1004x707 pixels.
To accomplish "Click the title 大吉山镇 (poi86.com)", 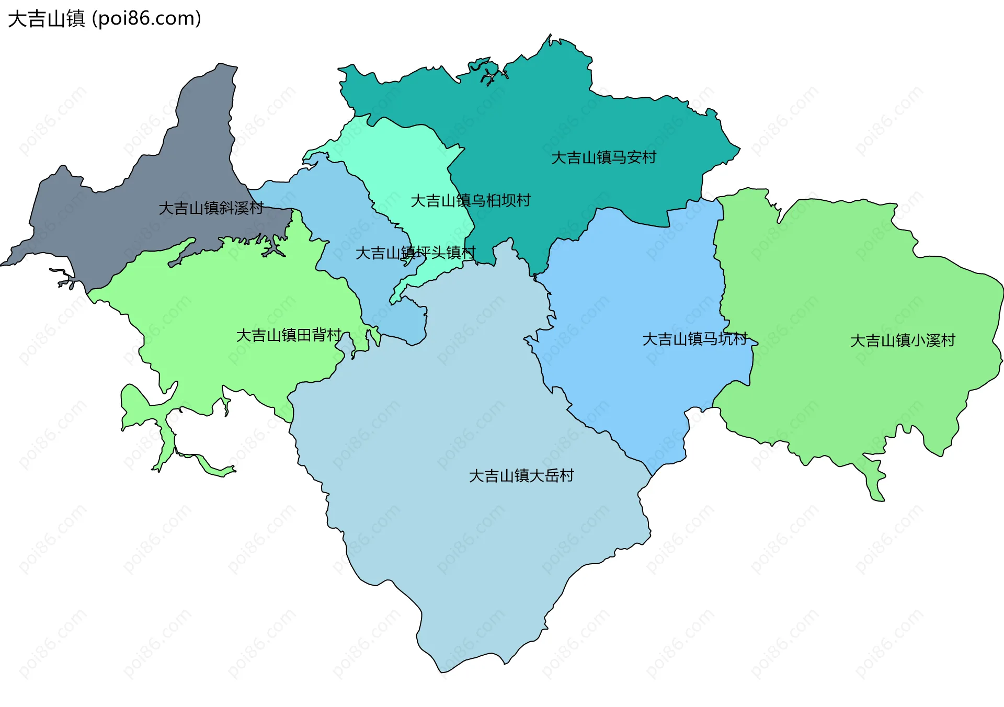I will (x=105, y=19).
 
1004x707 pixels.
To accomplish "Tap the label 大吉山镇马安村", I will (x=603, y=157).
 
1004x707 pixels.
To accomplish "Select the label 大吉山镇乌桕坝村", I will (x=470, y=200).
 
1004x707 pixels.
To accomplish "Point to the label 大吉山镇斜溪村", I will (x=211, y=208).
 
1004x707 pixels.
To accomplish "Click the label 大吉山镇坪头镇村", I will (x=415, y=253).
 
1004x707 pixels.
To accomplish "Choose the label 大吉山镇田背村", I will (x=289, y=335).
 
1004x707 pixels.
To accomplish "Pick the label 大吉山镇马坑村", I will (x=694, y=339).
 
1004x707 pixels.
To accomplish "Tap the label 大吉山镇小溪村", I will (x=903, y=341).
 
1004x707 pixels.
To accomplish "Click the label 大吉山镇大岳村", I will (x=521, y=476).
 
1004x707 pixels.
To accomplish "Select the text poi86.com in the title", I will (x=146, y=19).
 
